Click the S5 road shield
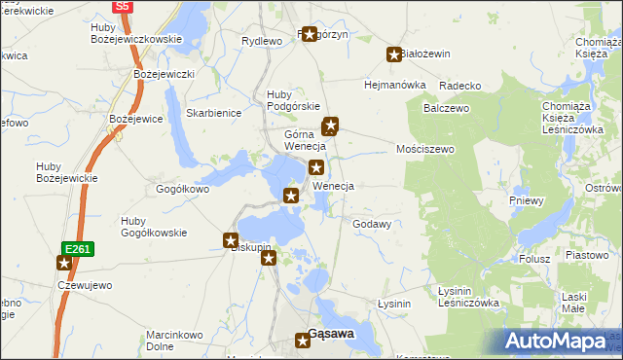tap(122, 6)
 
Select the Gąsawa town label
tap(331, 334)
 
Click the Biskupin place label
tap(250, 247)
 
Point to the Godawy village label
tap(372, 224)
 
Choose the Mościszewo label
tap(425, 149)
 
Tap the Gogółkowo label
tap(182, 189)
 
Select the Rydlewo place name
tap(261, 41)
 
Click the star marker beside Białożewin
tap(394, 55)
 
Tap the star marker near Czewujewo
tap(64, 263)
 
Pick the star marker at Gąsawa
tap(303, 340)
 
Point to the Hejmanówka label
tap(395, 85)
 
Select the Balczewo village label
tap(446, 108)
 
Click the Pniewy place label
tap(527, 200)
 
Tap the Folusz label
tap(534, 259)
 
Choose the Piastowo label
tap(586, 254)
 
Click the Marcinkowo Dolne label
tap(173, 340)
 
